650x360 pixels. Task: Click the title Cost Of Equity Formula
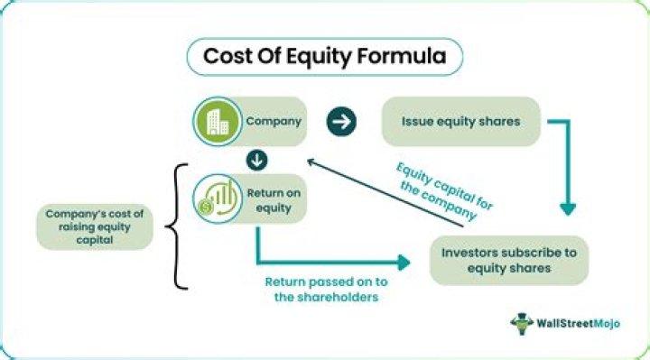click(324, 57)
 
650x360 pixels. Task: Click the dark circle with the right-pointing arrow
click(341, 122)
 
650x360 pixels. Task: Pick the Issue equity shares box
click(461, 122)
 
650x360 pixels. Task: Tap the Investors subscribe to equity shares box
click(509, 260)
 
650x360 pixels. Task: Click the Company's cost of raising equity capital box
click(95, 227)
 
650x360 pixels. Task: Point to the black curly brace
click(179, 226)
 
